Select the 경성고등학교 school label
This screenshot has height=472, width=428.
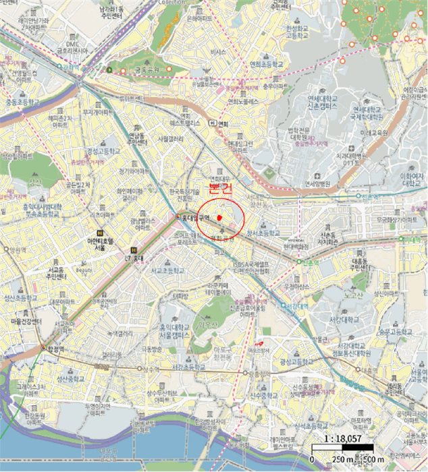103,152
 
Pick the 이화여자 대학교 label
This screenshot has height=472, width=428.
411,178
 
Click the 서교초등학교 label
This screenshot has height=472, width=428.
167,272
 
